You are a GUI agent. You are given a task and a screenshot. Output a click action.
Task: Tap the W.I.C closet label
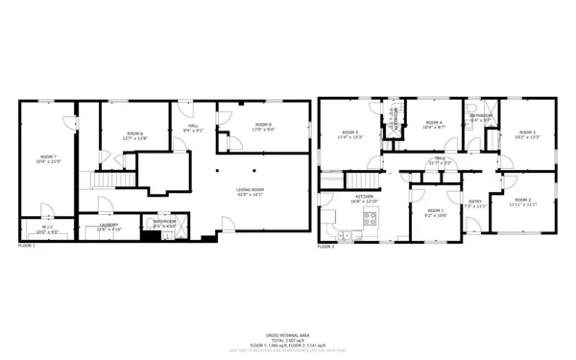[x=47, y=229]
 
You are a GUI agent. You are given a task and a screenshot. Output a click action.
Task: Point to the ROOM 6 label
[x=134, y=135]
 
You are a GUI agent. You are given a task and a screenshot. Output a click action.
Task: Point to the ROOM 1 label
[x=436, y=212]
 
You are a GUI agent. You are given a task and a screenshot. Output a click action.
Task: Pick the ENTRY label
[x=475, y=203]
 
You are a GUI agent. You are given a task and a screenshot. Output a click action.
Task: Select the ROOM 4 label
[x=434, y=124]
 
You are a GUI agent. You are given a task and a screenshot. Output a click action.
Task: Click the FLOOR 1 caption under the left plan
[x=27, y=247]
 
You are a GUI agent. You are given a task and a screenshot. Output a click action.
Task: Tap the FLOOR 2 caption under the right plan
[x=326, y=247]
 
